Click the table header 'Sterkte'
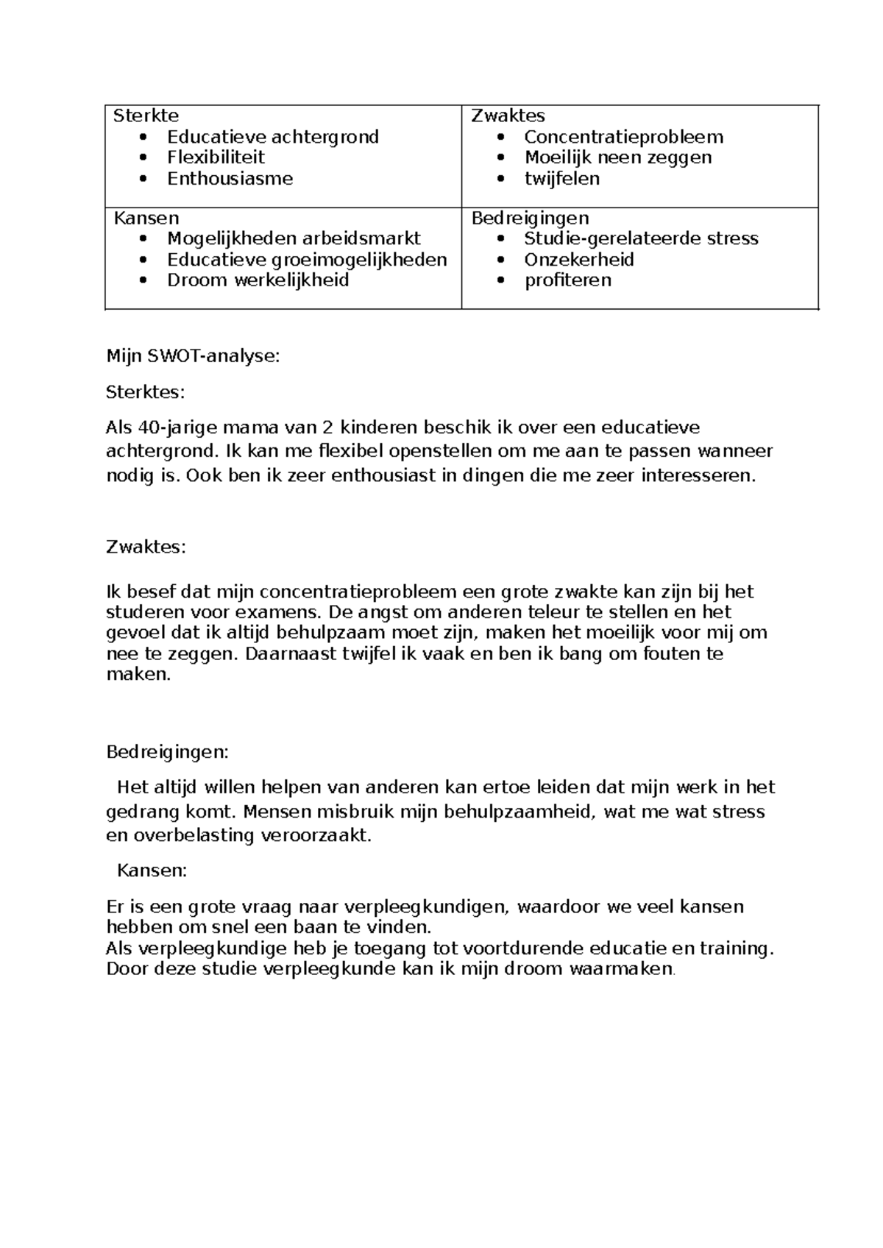click(145, 116)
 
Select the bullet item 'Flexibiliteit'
click(216, 157)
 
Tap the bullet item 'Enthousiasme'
click(230, 179)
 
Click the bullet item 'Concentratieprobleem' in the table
click(624, 137)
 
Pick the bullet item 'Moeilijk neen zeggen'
click(618, 157)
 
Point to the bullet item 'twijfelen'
click(562, 179)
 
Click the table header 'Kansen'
click(146, 218)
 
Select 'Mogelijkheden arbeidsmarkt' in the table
click(294, 238)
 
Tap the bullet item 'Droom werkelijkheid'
click(258, 280)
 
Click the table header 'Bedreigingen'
click(530, 218)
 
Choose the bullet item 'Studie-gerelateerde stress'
click(641, 238)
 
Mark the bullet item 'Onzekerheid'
click(579, 260)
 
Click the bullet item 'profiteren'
click(567, 280)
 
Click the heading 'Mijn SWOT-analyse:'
click(194, 357)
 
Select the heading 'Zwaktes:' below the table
click(146, 547)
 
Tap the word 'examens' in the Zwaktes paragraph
click(284, 612)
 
